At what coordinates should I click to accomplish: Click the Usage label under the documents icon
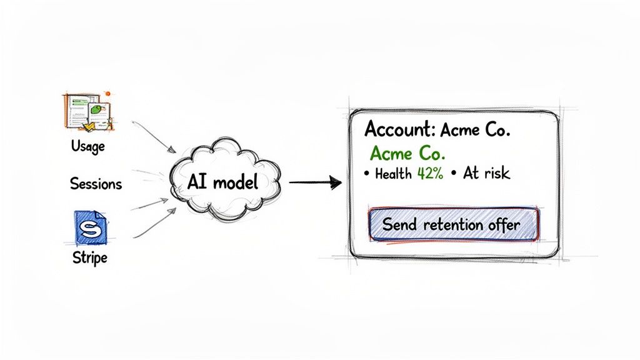(88, 147)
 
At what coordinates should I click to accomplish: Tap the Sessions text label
(96, 184)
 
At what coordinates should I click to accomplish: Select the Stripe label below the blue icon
(89, 257)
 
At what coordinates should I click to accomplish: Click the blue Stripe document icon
(91, 227)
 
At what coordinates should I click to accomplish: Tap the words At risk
(486, 174)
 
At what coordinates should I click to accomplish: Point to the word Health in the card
(392, 174)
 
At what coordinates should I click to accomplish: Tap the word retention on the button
(452, 224)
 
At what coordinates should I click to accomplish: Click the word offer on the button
(503, 224)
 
